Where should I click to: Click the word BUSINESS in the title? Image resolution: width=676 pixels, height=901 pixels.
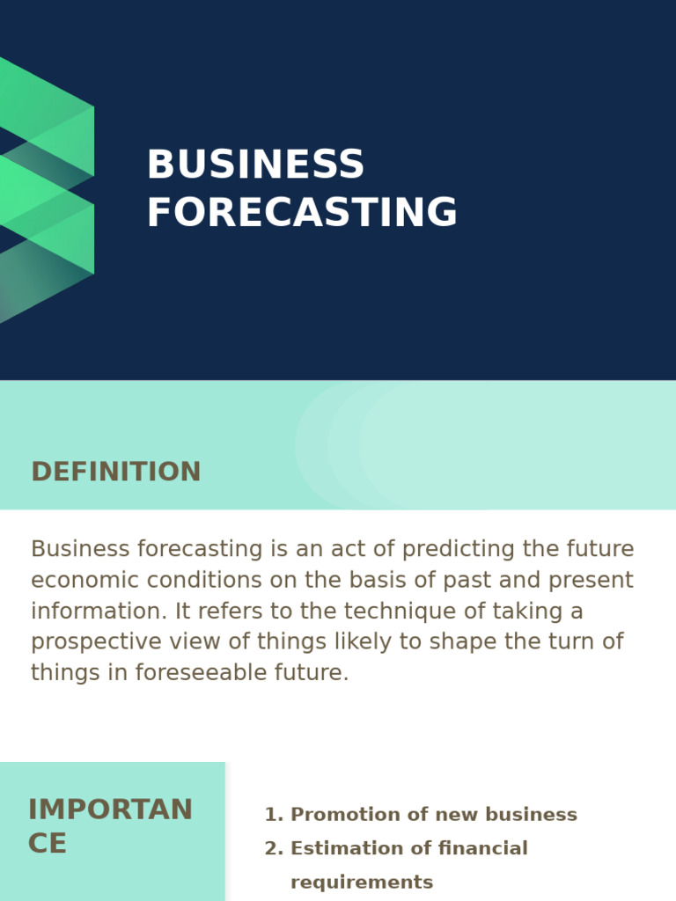point(255,165)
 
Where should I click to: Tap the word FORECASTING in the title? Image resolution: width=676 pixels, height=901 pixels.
point(302,213)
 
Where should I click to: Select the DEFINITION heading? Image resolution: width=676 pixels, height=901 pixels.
point(116,472)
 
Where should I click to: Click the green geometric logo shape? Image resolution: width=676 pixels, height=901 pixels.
point(48,189)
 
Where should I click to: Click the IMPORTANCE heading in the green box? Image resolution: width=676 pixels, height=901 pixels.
point(110,826)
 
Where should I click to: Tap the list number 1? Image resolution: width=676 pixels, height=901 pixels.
point(273,815)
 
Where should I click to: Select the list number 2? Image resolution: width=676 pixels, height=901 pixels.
point(273,848)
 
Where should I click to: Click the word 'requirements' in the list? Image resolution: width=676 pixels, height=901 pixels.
point(362,882)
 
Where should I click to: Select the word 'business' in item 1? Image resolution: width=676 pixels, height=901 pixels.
point(535,815)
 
